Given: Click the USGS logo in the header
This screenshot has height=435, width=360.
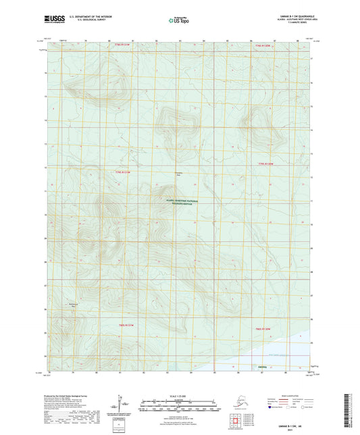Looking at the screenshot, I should click(x=54, y=21).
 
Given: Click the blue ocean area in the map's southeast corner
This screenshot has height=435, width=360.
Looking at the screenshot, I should click(x=297, y=351).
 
